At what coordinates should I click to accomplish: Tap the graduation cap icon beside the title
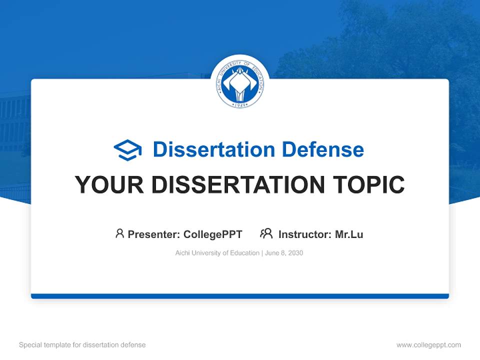(x=127, y=150)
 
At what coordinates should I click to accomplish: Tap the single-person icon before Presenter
(x=119, y=233)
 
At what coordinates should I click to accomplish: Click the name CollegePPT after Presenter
(x=213, y=234)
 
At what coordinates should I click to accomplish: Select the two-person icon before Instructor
(x=266, y=233)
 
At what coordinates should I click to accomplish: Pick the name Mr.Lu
(x=349, y=234)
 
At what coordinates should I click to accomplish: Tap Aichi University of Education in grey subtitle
(x=217, y=253)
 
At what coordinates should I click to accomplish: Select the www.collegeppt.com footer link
(x=428, y=345)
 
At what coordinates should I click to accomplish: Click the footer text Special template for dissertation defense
(x=82, y=345)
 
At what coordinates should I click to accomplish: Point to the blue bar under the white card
(x=240, y=296)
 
